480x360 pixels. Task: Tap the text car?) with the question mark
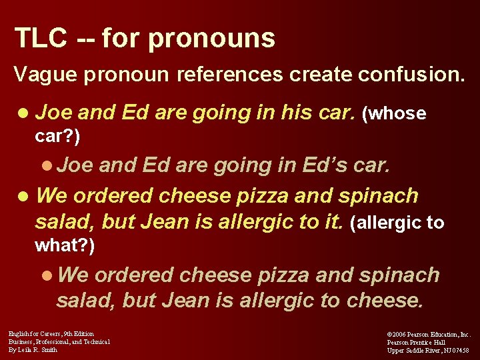(57, 137)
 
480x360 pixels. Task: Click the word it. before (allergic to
(332, 222)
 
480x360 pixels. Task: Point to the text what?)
(65, 246)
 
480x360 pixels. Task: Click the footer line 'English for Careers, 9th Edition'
(51, 333)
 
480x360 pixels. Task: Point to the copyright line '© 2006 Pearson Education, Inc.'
(429, 334)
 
